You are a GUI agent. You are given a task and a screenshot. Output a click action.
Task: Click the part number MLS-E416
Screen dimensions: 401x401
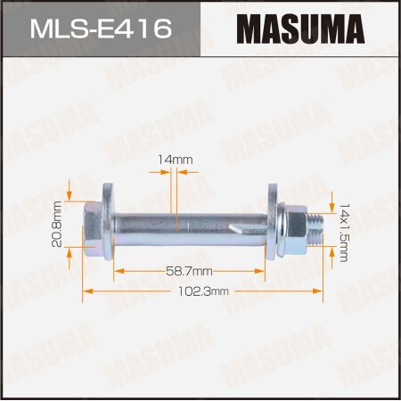(100, 29)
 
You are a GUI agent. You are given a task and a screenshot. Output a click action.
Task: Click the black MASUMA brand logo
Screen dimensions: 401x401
(299, 29)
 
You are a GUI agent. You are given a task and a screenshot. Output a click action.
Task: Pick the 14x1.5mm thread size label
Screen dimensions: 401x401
(344, 229)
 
